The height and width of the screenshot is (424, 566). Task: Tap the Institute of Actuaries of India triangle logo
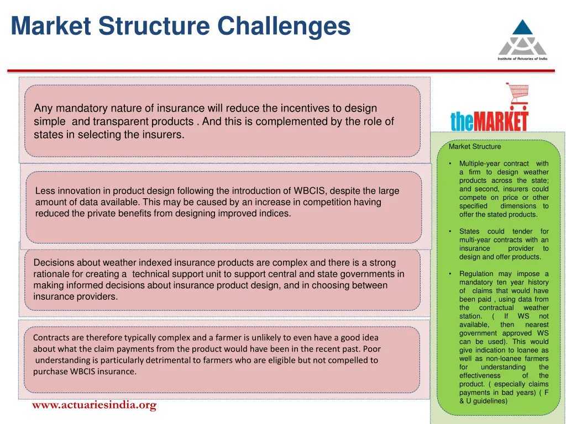click(522, 38)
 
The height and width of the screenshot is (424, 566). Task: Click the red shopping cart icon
click(517, 96)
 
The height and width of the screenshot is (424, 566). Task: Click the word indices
click(275, 214)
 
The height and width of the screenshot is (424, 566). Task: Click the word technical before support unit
click(152, 274)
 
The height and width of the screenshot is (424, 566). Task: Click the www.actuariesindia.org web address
click(94, 405)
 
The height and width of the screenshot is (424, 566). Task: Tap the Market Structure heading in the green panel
click(475, 147)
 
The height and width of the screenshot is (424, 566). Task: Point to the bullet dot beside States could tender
click(451, 231)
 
